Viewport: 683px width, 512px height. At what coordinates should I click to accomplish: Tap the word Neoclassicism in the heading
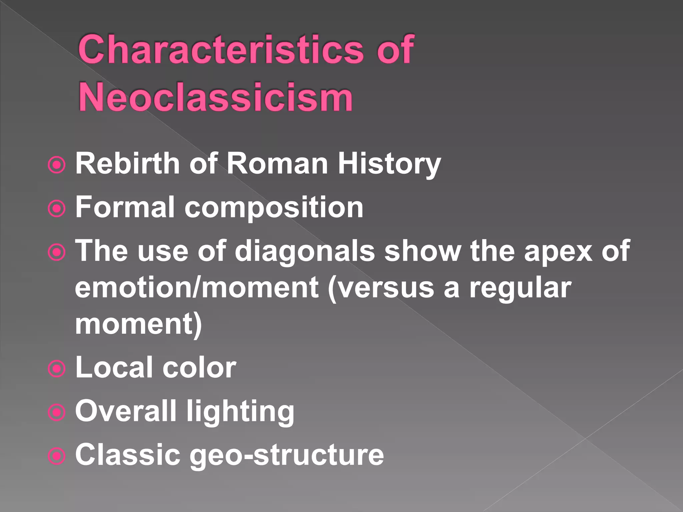215,98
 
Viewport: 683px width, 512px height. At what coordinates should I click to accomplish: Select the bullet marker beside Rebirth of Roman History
57,165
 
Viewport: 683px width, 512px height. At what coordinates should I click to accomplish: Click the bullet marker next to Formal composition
57,209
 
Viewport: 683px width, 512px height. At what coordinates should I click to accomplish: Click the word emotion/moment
197,288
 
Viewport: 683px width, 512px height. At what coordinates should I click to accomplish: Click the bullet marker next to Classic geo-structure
57,456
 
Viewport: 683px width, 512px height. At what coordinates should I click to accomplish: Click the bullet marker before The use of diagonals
57,252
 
